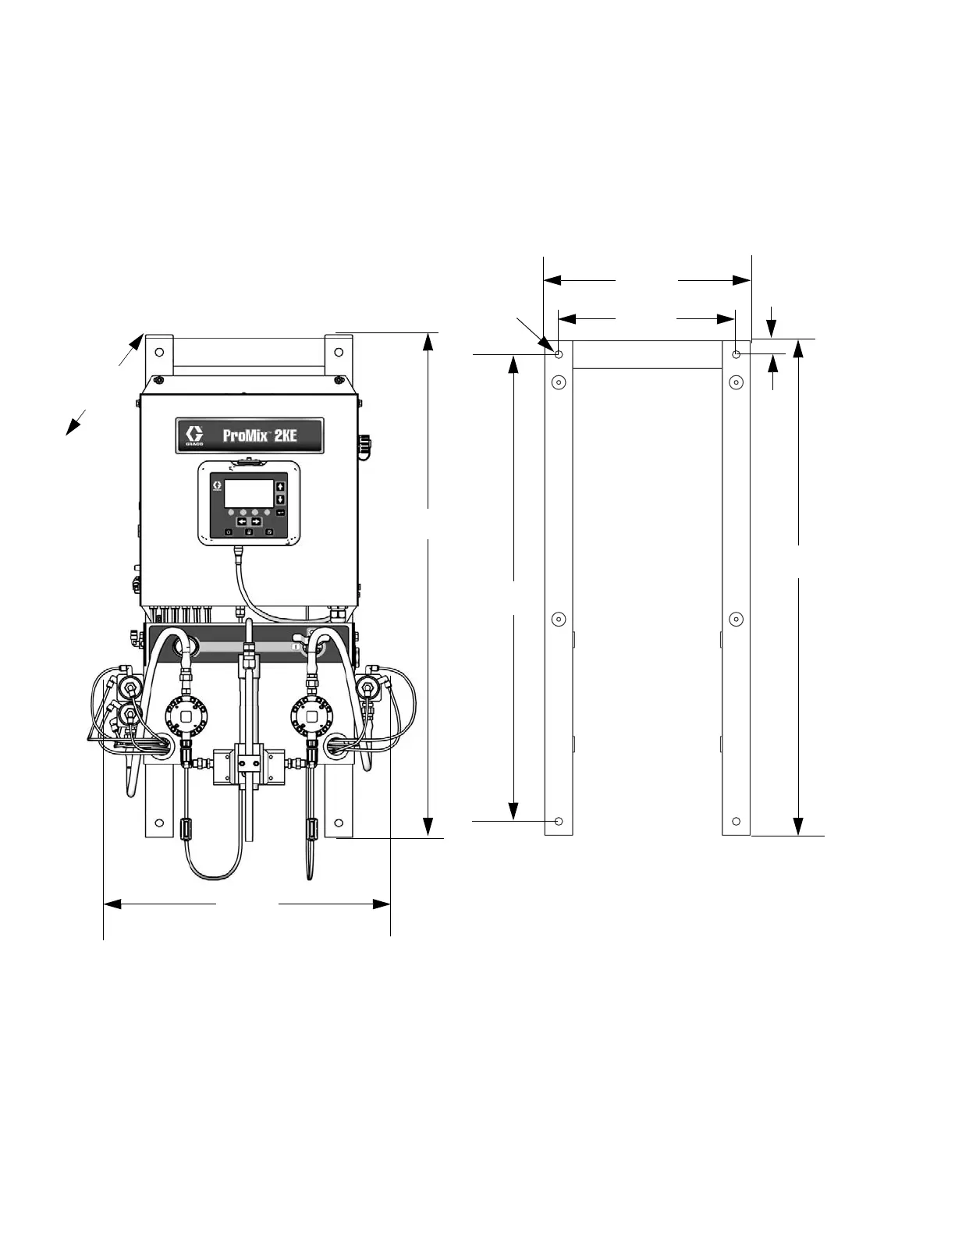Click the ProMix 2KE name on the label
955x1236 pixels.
coord(259,435)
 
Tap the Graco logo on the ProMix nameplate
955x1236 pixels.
coord(194,435)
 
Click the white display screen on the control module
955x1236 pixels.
coord(249,493)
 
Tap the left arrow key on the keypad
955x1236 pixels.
coord(243,521)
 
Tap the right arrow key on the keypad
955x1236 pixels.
coord(256,521)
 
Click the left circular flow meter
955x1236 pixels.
coord(186,716)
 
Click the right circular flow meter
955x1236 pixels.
coord(311,716)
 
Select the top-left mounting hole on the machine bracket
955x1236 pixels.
coord(159,352)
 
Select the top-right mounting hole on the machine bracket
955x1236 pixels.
coord(339,352)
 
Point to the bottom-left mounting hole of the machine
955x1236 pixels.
coord(159,823)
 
